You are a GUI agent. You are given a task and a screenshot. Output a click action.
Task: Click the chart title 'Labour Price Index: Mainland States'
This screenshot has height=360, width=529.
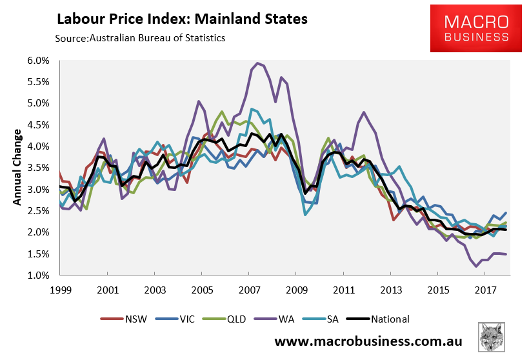tap(182, 19)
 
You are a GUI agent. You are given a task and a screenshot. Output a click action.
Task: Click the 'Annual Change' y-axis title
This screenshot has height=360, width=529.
tap(17, 168)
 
